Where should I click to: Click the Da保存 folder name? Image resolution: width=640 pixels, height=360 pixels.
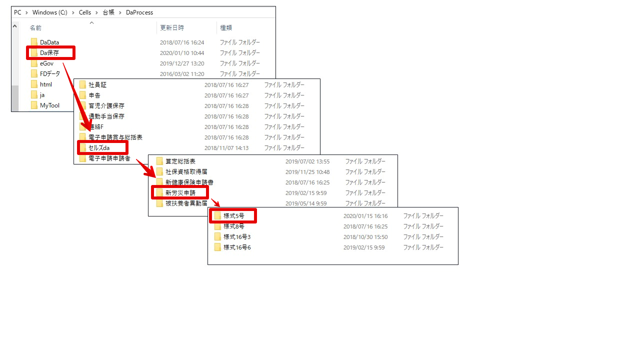point(49,53)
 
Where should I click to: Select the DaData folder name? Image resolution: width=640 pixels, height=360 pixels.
point(49,42)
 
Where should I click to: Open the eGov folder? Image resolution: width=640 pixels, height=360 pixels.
point(46,63)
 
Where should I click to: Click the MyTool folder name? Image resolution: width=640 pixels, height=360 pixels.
point(49,105)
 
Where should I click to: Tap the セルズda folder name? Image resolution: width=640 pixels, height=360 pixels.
point(99,147)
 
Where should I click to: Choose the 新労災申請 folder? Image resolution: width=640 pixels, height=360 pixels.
point(180,193)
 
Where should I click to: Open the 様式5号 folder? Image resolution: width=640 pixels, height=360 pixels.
point(233,216)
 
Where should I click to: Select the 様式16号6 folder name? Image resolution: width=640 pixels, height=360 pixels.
point(237,247)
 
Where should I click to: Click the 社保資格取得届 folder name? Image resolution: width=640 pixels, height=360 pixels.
point(186,171)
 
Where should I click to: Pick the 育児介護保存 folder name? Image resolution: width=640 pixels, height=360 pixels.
point(106,105)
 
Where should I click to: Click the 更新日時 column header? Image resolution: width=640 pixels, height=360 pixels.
point(172,27)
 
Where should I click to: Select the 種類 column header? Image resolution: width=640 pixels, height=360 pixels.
point(226,27)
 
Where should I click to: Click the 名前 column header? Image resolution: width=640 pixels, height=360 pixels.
point(35,27)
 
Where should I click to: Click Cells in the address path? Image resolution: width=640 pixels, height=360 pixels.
point(85,12)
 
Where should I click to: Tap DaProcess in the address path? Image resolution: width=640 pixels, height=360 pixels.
point(139,12)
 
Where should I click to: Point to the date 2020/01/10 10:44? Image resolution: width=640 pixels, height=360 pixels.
point(182,53)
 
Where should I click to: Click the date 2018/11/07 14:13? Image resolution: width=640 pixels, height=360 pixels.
point(226,148)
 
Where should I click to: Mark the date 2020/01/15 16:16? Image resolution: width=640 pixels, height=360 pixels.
point(365,216)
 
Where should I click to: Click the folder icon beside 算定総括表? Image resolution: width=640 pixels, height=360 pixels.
point(159,161)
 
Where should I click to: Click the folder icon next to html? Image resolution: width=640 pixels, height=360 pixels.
point(34,84)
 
